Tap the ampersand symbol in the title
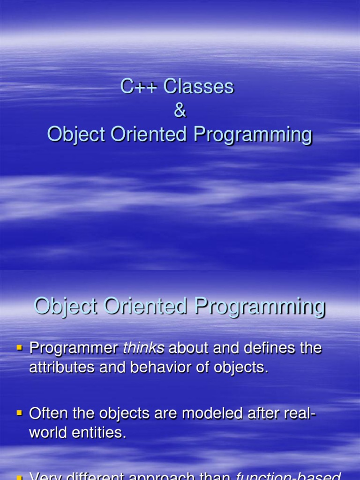180,111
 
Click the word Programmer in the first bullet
74,349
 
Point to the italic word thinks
143,348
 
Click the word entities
98,433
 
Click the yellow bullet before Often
20,413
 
